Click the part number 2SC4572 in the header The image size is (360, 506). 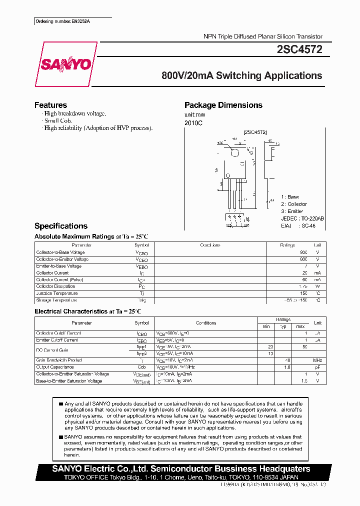pyautogui.click(x=299, y=49)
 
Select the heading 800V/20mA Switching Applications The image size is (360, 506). pyautogui.click(x=241, y=76)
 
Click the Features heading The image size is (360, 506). pyautogui.click(x=50, y=105)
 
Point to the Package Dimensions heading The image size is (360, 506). pyautogui.click(x=223, y=105)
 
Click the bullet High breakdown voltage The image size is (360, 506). pyautogui.click(x=75, y=113)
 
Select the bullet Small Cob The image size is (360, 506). pyautogui.click(x=58, y=120)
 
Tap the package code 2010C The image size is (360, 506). pyautogui.click(x=194, y=122)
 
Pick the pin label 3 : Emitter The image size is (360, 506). pyautogui.click(x=293, y=211)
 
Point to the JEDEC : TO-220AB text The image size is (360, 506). pyautogui.click(x=302, y=218)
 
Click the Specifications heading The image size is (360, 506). pyautogui.click(x=60, y=226)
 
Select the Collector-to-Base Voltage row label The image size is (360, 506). pyautogui.click(x=60, y=252)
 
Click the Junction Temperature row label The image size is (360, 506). pyautogui.click(x=56, y=293)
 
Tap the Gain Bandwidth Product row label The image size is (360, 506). pyautogui.click(x=59, y=360)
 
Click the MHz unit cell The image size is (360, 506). pyautogui.click(x=317, y=360)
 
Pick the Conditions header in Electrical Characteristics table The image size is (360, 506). pyautogui.click(x=206, y=323)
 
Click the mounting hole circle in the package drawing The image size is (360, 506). pyautogui.click(x=235, y=149)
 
